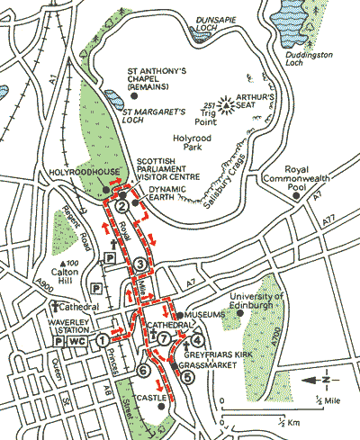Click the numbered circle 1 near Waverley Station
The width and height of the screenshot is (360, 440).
pos(103,339)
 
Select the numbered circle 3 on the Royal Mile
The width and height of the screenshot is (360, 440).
pos(140,264)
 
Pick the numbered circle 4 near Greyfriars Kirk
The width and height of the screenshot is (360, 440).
pos(195,339)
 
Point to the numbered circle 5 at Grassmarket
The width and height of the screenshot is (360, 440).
pos(186,378)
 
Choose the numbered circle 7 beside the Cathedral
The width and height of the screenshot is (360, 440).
pos(164,339)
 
